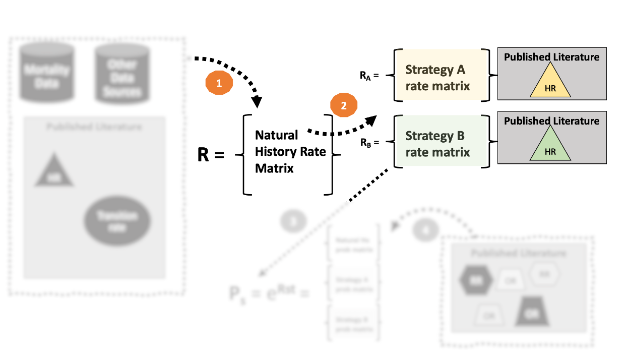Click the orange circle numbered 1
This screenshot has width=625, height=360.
219,84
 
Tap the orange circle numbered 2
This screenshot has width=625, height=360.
344,106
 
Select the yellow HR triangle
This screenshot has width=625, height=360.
550,84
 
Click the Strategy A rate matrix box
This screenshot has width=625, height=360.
437,77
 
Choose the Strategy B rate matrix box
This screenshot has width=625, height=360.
437,144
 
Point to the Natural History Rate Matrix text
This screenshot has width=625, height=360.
290,152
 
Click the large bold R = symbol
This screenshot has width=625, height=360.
210,155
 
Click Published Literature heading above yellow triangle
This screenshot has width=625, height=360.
551,57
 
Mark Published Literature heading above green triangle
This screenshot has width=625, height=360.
551,121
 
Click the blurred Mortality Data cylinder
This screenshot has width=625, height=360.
46,74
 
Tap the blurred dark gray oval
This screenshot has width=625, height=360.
117,221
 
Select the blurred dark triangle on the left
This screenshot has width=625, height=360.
54,173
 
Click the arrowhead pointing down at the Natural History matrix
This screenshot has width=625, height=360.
257,102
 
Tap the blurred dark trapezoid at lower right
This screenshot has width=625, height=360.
532,312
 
